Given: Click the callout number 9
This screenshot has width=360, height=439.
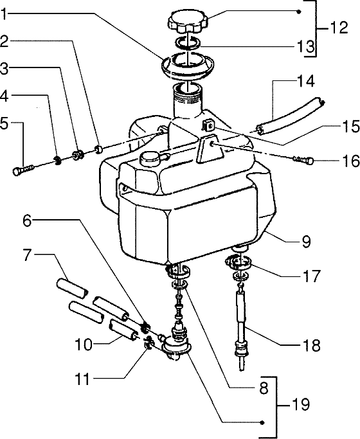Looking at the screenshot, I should (306, 242).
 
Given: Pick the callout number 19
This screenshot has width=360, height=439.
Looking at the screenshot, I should (300, 405).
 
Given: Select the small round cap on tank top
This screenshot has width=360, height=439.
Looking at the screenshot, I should (152, 156).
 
